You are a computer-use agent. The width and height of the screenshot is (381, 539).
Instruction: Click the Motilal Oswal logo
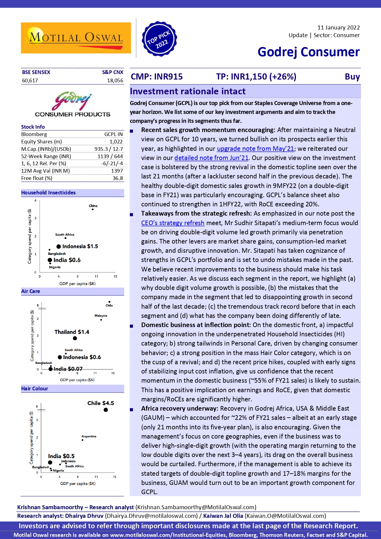pyautogui.click(x=76, y=38)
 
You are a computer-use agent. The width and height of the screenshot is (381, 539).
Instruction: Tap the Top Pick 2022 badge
pyautogui.click(x=159, y=39)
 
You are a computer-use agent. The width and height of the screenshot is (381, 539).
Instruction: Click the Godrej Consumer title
pyautogui.click(x=308, y=52)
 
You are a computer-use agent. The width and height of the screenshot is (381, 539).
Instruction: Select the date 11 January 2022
pyautogui.click(x=338, y=28)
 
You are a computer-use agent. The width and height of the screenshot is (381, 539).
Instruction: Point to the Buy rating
pyautogui.click(x=352, y=76)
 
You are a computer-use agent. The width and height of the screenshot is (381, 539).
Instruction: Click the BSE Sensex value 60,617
pyautogui.click(x=30, y=80)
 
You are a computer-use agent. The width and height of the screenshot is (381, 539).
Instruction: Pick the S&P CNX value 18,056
pyautogui.click(x=115, y=80)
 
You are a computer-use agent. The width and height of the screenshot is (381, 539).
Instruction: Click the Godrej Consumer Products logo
pyautogui.click(x=72, y=104)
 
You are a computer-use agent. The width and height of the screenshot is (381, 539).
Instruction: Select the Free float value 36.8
pyautogui.click(x=118, y=178)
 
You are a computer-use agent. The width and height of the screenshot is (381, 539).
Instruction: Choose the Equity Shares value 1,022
pyautogui.click(x=116, y=142)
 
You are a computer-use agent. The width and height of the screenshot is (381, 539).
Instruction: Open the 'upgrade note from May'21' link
pyautogui.click(x=255, y=149)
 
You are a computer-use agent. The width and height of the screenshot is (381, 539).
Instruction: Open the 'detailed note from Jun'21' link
pyautogui.click(x=211, y=158)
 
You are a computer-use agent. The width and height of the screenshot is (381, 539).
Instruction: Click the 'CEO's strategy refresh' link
pyautogui.click(x=173, y=223)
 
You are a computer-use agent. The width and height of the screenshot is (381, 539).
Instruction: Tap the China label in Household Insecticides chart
pyautogui.click(x=93, y=206)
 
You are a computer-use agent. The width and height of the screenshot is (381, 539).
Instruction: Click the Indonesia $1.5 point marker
pyautogui.click(x=59, y=246)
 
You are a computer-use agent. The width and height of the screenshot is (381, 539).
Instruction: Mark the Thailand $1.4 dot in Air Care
pyautogui.click(x=75, y=338)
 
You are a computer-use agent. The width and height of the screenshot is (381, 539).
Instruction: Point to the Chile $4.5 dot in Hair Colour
pyautogui.click(x=106, y=410)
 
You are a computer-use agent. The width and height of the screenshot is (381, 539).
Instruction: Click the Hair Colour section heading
pyautogui.click(x=35, y=389)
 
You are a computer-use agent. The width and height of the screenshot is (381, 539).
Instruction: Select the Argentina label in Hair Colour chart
pyautogui.click(x=89, y=436)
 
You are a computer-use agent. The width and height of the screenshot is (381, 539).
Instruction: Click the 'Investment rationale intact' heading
pyautogui.click(x=188, y=91)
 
